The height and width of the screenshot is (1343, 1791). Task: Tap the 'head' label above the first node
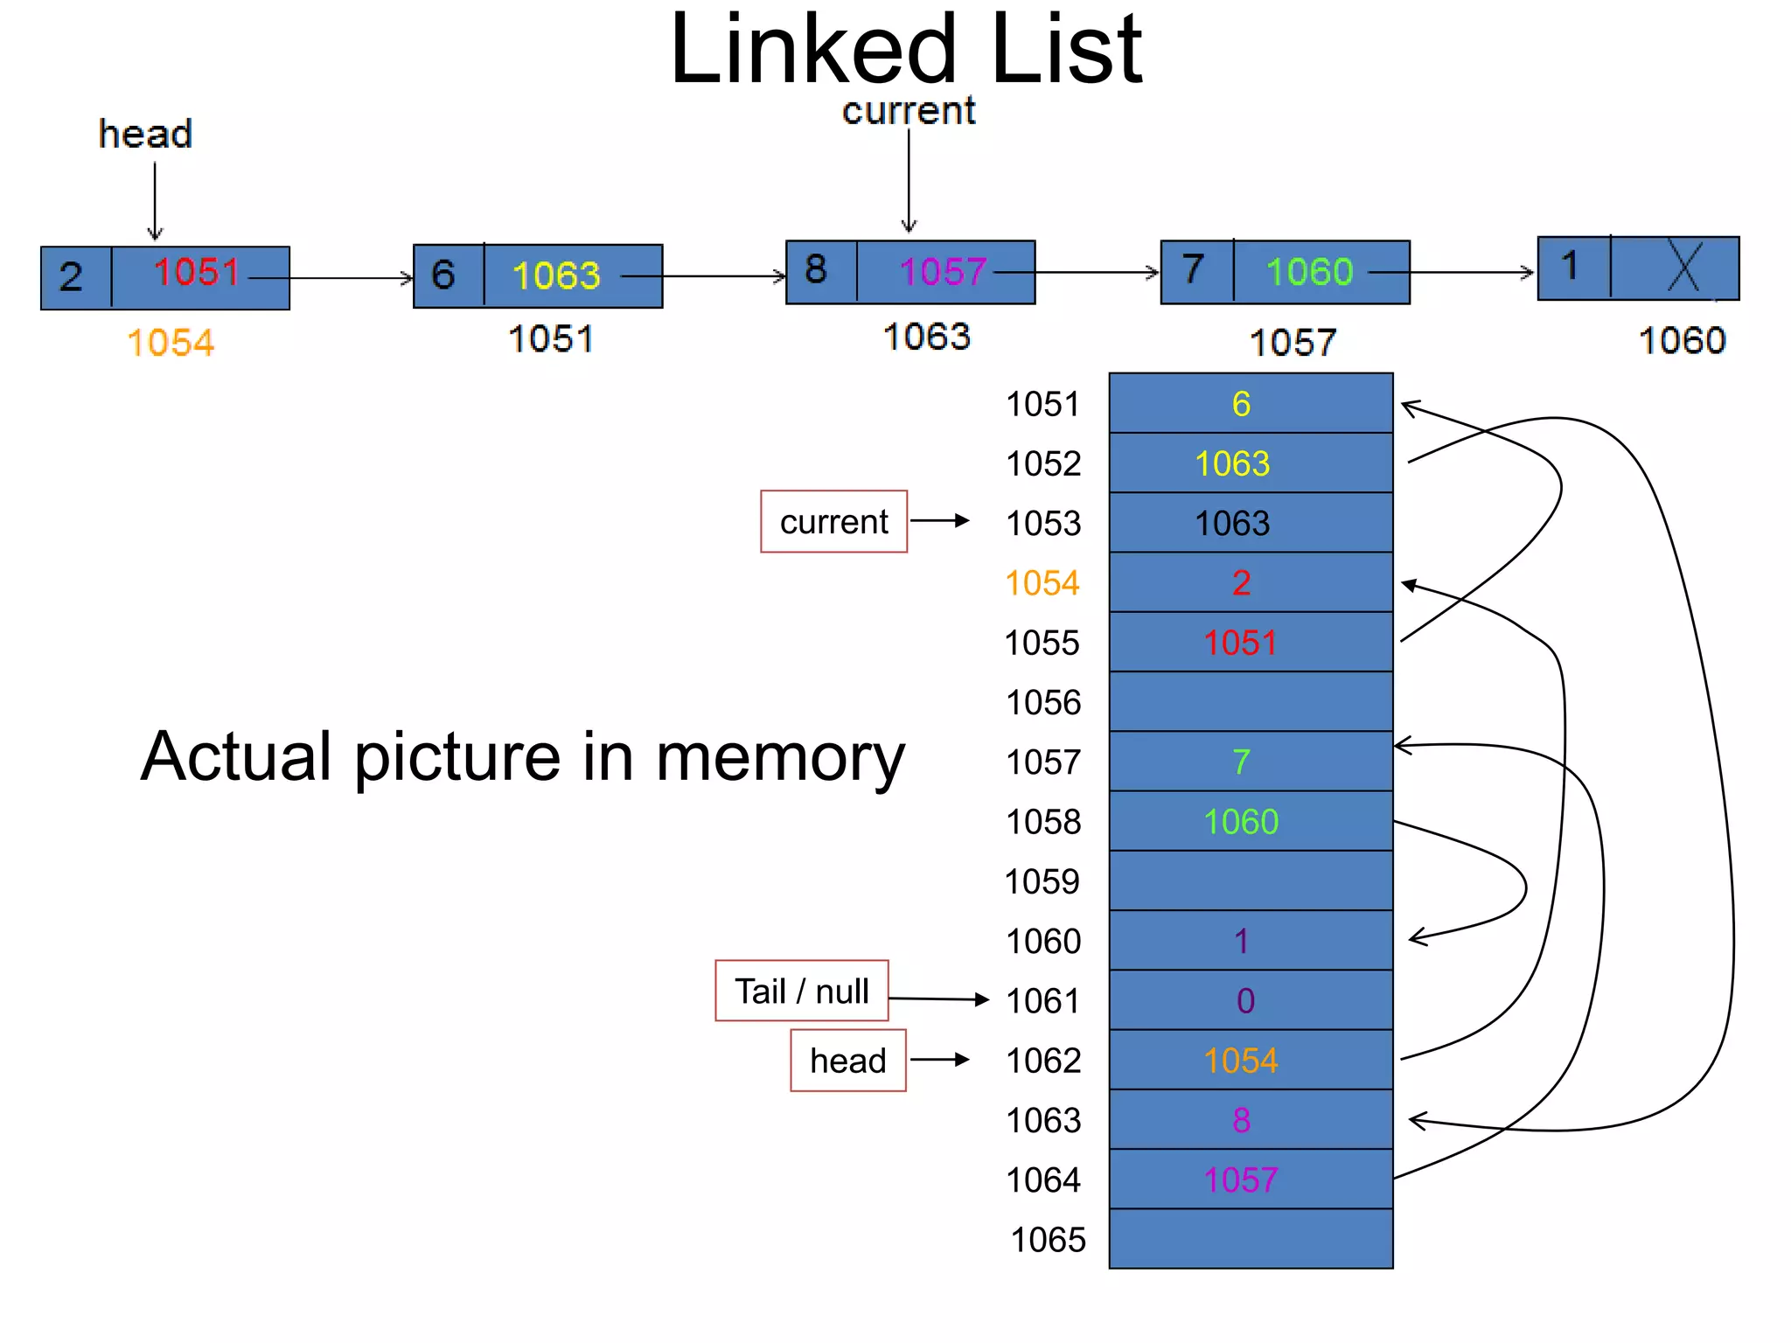tap(145, 134)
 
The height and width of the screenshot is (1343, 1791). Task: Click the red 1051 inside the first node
tap(197, 272)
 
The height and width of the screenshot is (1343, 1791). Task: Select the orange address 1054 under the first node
tap(171, 343)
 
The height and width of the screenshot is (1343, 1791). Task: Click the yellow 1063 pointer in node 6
tap(556, 276)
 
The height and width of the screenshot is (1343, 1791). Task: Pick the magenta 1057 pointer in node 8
tap(943, 272)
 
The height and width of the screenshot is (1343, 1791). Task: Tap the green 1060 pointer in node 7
tap(1309, 272)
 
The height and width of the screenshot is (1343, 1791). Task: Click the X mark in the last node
tap(1683, 267)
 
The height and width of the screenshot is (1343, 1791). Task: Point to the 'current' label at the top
tap(908, 111)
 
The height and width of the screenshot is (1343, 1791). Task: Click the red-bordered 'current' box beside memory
tap(833, 522)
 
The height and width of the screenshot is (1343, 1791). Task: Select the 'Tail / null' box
tap(801, 992)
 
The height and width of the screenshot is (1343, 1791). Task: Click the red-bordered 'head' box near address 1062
tap(847, 1061)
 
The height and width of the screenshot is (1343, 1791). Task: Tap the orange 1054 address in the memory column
tap(1042, 583)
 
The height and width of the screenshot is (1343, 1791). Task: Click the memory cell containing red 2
tap(1251, 582)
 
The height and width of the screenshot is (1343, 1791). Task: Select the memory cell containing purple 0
tap(1251, 1000)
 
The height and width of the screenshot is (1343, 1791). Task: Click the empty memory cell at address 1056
tap(1251, 702)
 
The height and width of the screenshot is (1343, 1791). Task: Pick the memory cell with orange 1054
tap(1251, 1061)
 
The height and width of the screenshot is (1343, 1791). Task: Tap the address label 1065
tap(1048, 1240)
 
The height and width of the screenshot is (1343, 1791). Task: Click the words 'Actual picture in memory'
tap(522, 757)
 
